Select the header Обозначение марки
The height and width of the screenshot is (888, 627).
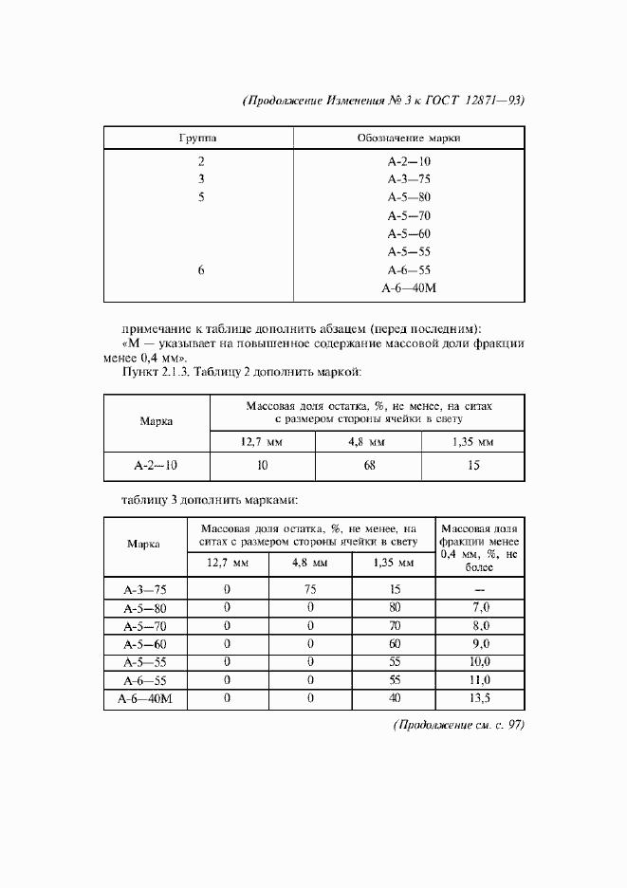(x=409, y=138)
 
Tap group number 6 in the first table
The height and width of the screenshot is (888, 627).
(x=201, y=270)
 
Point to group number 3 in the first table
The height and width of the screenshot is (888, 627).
(x=201, y=178)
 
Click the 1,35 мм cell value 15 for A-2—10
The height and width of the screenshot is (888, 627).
(x=473, y=466)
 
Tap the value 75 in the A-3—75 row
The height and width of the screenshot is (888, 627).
(x=310, y=589)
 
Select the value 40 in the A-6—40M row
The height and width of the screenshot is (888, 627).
(x=394, y=698)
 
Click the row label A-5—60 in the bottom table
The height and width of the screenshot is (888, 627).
(x=144, y=644)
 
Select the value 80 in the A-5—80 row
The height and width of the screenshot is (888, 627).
(x=394, y=607)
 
